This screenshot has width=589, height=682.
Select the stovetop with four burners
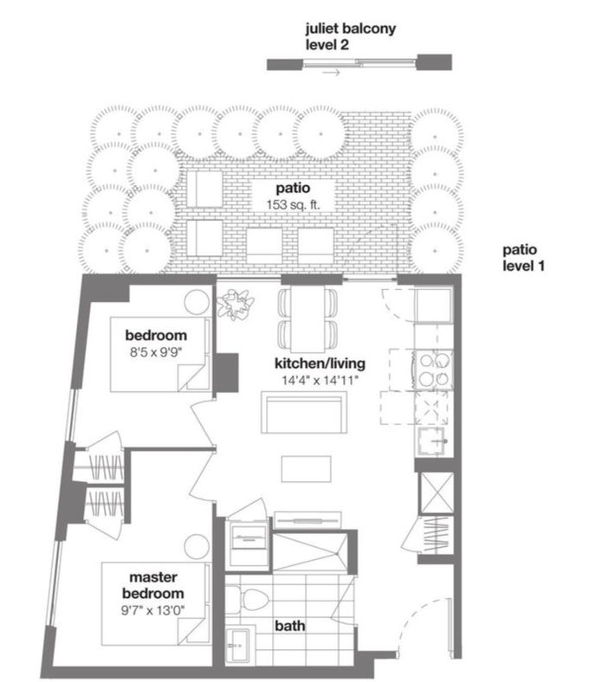434,370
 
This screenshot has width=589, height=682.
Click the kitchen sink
432,441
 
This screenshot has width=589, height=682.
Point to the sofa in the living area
304,412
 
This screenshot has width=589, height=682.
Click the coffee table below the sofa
306,469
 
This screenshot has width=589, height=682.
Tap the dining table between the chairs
307,318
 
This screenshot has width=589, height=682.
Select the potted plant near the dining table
236,303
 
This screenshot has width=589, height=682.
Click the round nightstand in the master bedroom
197,547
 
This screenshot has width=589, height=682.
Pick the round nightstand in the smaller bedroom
197,302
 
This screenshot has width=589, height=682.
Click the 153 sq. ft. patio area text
293,205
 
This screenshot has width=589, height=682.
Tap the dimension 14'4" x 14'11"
320,381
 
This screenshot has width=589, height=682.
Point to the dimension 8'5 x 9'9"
155,352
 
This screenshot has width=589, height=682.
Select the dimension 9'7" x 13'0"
152,610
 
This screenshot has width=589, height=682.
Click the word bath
290,626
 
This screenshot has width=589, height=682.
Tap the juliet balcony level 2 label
351,36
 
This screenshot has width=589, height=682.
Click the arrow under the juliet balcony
331,73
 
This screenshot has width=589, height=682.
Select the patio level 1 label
524,258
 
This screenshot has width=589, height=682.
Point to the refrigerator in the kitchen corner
434,305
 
